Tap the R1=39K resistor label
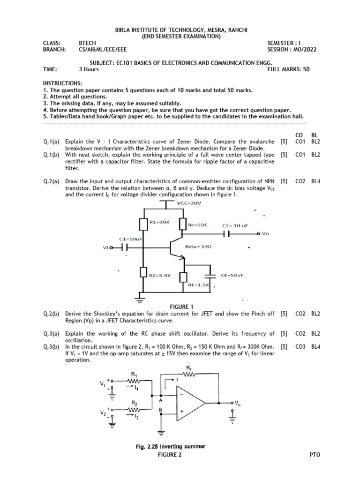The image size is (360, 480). click(159, 222)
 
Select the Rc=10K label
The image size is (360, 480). click(198, 225)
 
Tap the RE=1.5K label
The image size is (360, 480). click(198, 285)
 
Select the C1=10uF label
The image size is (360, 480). click(131, 239)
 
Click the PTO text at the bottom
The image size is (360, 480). click(315, 455)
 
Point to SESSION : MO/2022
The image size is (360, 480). click(291, 49)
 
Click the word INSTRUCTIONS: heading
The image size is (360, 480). click(62, 83)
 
